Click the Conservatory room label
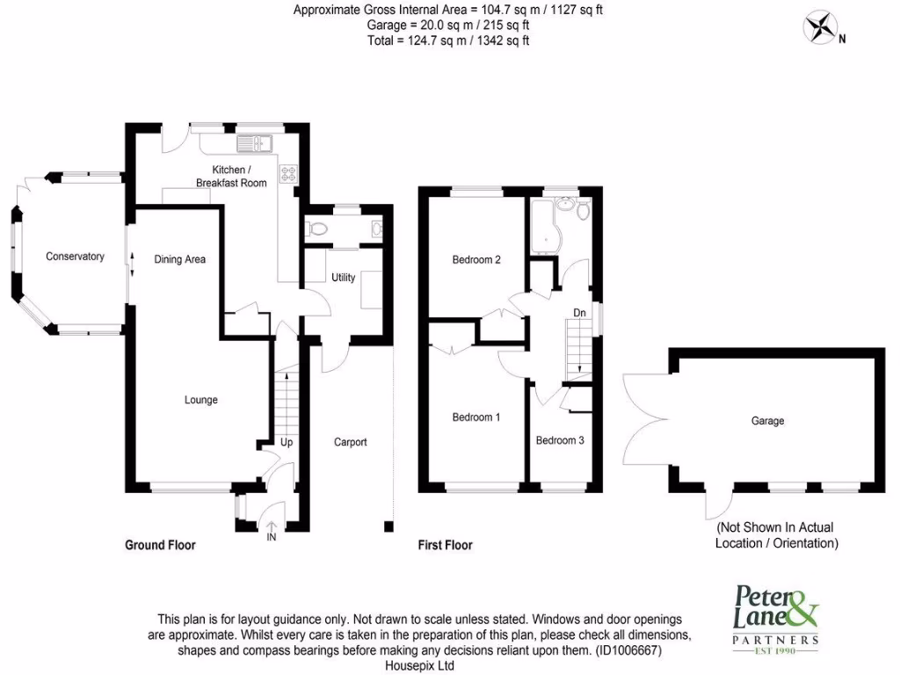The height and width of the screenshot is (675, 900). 75,257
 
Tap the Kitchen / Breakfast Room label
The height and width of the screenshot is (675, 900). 227,176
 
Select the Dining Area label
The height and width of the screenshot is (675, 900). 180,259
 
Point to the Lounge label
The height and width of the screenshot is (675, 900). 200,400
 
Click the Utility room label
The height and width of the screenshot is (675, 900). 343,278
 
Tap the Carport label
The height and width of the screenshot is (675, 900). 350,442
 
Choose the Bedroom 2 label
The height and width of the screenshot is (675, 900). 476,259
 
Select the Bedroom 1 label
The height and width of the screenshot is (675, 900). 476,417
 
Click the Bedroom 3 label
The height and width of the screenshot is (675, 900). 560,440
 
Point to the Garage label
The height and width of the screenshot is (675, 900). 767,421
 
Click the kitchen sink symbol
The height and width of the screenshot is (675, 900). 256,142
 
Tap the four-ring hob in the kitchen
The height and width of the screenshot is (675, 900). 289,174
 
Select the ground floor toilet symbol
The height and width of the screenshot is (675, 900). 317,229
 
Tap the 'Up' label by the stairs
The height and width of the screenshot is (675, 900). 286,442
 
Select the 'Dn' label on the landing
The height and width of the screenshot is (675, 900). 579,312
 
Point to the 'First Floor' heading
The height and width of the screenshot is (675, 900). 445,545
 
